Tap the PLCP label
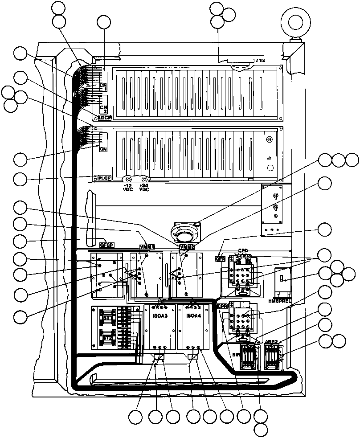click(x=104, y=178)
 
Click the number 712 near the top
click(x=260, y=60)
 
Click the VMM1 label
click(x=147, y=247)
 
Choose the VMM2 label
click(x=186, y=247)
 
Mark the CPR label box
click(x=223, y=306)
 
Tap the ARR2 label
click(x=271, y=342)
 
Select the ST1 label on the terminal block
click(x=107, y=317)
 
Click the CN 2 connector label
click(x=103, y=109)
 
